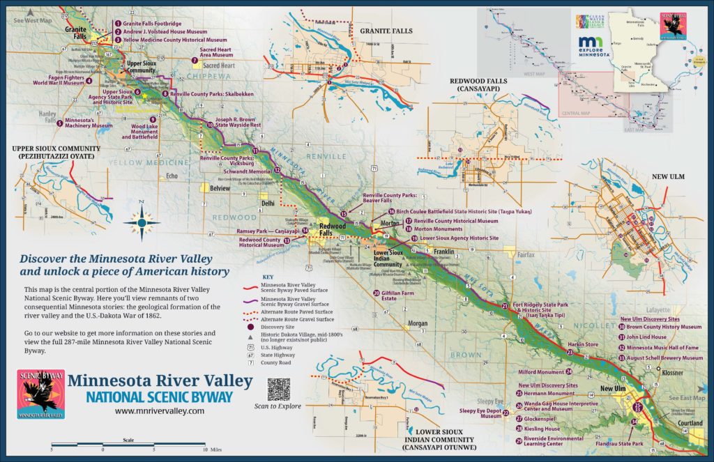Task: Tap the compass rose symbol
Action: point(142,222)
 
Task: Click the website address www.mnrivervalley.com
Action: point(160,411)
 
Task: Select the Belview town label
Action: point(220,188)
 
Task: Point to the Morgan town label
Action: point(418,323)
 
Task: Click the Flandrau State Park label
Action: point(618,443)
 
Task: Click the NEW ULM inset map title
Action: point(669,176)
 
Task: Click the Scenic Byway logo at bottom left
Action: point(41,394)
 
